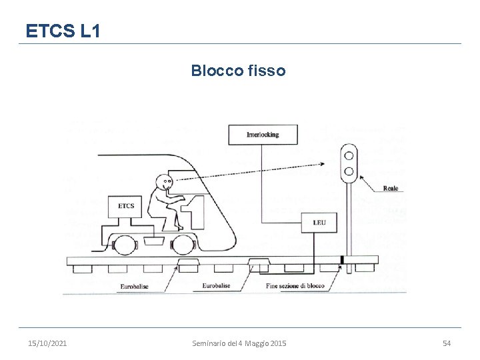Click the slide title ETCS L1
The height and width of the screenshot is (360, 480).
point(63,30)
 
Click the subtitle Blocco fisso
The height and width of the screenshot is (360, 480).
point(238,70)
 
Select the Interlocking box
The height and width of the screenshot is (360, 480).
point(263,135)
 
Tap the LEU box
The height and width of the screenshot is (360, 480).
point(319,223)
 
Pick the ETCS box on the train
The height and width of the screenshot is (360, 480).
point(126,206)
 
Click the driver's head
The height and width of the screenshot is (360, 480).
point(165,181)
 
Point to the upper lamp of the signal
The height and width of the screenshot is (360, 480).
point(347,155)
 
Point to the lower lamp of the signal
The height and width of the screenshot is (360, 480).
point(347,171)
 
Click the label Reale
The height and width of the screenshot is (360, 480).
point(391,189)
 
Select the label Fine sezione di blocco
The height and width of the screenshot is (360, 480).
point(295,286)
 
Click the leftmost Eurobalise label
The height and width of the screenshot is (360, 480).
point(135,286)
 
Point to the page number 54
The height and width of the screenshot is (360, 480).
point(447,343)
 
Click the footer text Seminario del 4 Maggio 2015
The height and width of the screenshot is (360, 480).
point(239,343)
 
